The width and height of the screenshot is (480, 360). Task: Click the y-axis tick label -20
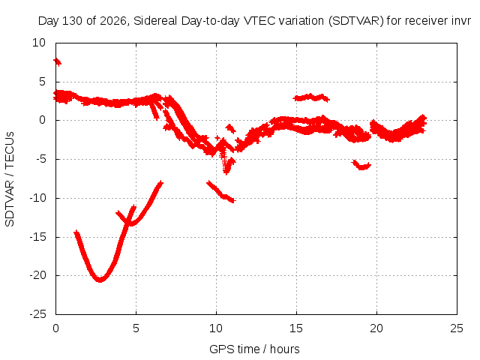pos(38,275)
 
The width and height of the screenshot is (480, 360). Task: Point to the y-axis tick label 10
pos(39,43)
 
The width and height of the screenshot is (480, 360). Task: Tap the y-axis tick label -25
pos(38,314)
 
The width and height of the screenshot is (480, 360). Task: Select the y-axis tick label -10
pos(38,198)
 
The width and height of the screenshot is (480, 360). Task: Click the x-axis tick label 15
pos(296,328)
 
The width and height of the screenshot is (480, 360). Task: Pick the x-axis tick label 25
pos(457,328)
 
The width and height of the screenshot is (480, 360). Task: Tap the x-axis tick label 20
pos(376,328)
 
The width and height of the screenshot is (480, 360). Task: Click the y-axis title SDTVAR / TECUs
pos(10,179)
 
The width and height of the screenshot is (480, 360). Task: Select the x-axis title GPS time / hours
pos(254,349)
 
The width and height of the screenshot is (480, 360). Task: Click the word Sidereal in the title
pos(155,21)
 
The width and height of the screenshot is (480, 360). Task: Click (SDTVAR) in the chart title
pos(356,21)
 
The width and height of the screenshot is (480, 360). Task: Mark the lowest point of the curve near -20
pos(100,280)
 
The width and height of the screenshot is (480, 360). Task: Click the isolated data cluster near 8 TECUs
pos(57,61)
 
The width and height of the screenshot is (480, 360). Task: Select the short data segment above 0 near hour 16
pos(311,97)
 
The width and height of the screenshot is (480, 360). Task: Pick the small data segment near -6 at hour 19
pos(361,165)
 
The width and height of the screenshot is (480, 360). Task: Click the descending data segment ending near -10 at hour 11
pos(220,192)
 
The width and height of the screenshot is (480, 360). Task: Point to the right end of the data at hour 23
pos(424,121)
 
